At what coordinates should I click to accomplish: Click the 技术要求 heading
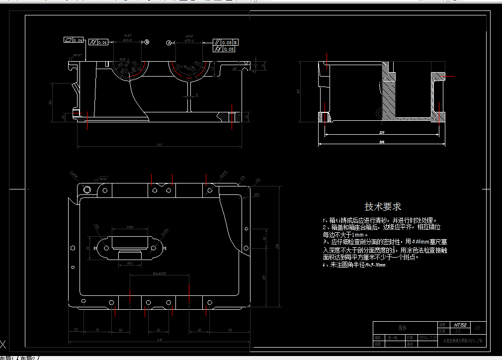[383, 206]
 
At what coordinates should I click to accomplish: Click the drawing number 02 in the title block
[478, 328]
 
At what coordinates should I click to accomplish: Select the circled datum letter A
[169, 43]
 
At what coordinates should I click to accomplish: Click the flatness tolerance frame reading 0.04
[73, 40]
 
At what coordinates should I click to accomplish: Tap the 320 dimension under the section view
[382, 133]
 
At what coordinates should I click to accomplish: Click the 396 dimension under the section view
[382, 143]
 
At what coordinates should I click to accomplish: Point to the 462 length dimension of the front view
[160, 145]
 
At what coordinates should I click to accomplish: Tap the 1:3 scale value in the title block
[458, 331]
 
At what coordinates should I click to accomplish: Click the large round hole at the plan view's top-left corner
[88, 189]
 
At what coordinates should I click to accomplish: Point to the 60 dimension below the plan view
[159, 330]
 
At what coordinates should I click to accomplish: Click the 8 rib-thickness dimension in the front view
[197, 94]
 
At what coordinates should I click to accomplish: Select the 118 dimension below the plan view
[229, 330]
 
